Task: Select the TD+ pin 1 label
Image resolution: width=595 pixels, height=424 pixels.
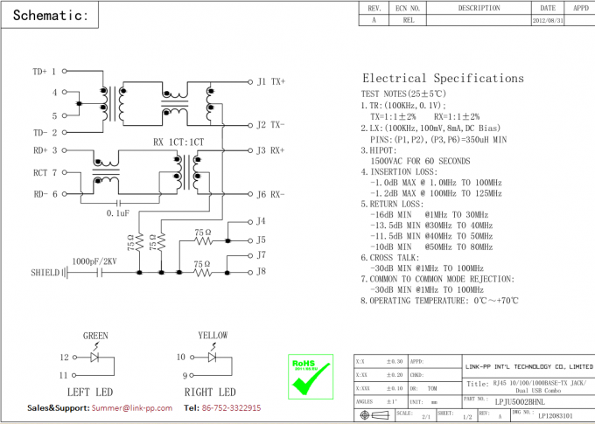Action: coord(45,71)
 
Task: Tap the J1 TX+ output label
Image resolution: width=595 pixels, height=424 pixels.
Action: coord(270,81)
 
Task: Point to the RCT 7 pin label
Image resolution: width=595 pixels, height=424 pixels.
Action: coord(45,173)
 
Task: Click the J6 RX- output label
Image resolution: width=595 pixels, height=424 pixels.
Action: coord(270,194)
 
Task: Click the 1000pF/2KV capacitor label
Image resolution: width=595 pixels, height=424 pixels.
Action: coord(94,261)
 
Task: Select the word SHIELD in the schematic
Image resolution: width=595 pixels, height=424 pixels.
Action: coord(45,273)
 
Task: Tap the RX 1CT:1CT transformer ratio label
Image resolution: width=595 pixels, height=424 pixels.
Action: coord(178,142)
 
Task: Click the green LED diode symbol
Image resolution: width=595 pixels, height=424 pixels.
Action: coord(95,357)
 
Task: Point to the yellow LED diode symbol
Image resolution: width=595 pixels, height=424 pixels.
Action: coord(212,357)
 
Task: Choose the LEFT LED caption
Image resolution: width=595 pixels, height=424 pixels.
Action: coord(91,392)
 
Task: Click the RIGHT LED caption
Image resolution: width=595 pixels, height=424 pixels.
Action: coord(210,392)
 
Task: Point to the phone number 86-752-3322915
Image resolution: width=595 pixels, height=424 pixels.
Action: coord(232,408)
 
